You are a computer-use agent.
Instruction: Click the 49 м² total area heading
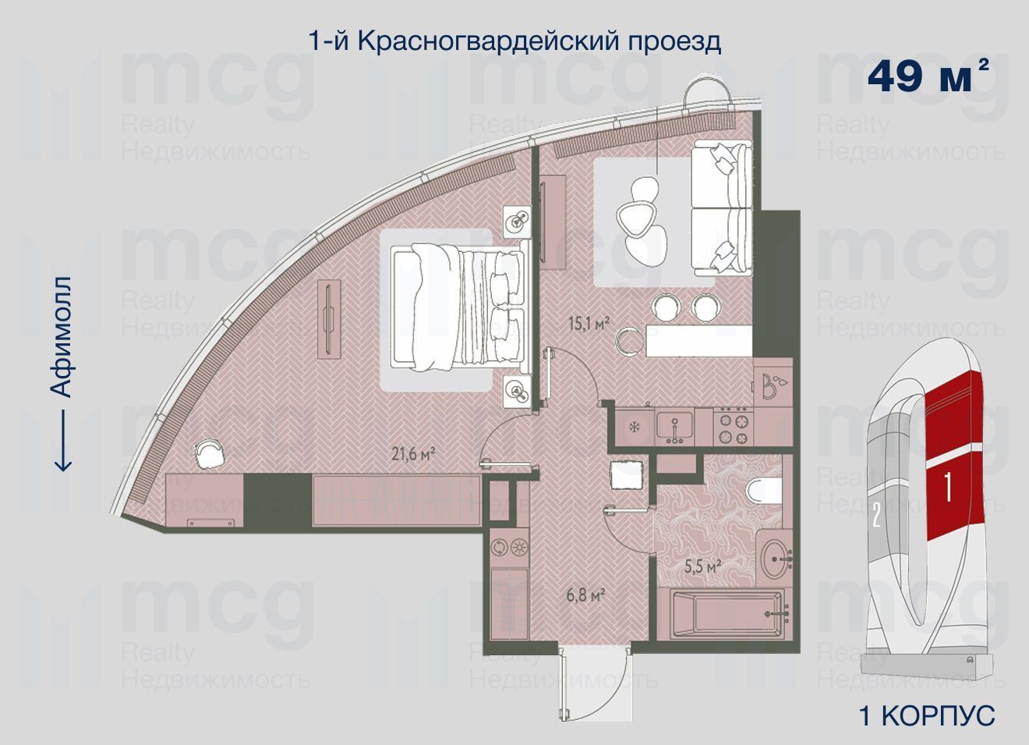coord(927,76)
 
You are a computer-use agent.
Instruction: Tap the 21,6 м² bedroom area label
coord(413,454)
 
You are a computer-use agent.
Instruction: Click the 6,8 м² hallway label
coord(585,596)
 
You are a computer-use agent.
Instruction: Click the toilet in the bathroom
coord(763,491)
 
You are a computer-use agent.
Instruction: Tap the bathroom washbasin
coord(776,559)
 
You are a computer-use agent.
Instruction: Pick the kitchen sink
coord(674,427)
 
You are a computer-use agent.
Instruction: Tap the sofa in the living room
coord(722,208)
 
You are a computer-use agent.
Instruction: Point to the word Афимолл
coord(61,336)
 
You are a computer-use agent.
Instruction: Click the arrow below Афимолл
coord(63,440)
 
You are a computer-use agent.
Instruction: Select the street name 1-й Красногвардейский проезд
coord(514,42)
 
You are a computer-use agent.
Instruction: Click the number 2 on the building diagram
coord(876,516)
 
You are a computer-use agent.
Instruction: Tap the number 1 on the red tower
coord(948,487)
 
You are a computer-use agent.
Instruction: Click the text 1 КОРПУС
coord(927,715)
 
